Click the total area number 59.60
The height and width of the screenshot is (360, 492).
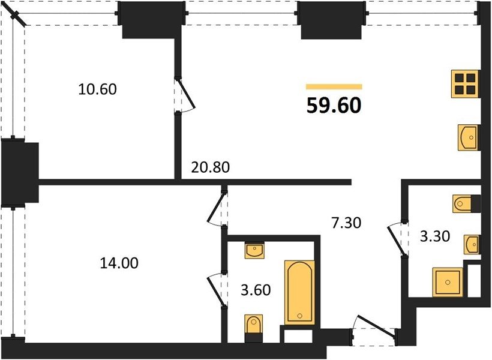[334, 105]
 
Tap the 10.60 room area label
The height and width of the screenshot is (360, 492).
[97, 89]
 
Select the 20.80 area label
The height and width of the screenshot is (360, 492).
[211, 167]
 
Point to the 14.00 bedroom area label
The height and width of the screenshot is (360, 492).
[119, 263]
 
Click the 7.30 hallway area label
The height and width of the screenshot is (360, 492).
[346, 223]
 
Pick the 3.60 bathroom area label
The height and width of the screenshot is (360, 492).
[256, 290]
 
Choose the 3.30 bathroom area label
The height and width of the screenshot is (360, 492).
[435, 236]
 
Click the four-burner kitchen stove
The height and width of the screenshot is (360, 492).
[465, 84]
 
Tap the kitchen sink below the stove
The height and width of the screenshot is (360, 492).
[467, 137]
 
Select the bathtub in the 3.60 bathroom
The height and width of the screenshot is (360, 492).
[299, 292]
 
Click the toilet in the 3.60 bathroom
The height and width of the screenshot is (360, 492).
[254, 328]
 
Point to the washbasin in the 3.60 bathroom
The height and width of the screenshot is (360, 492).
[254, 250]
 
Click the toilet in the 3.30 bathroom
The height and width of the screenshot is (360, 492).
[467, 203]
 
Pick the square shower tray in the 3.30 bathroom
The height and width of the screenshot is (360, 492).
[448, 282]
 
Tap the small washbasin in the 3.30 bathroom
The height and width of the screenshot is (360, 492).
[472, 244]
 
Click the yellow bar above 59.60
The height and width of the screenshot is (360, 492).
[334, 87]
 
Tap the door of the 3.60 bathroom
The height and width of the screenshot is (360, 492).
[217, 290]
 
